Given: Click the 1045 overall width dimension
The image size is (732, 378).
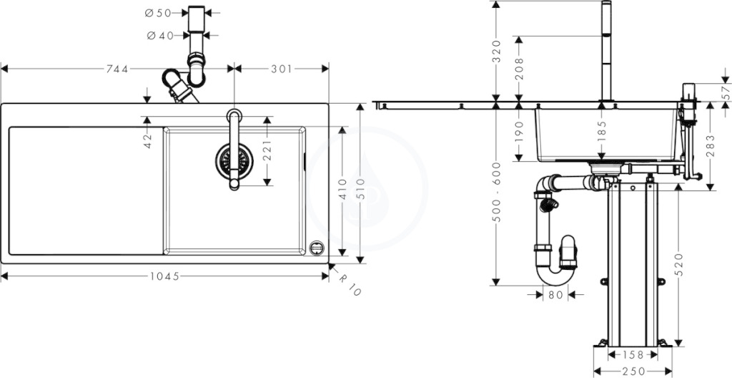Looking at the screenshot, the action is point(165,276).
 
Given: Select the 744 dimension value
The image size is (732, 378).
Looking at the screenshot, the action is point(117,69).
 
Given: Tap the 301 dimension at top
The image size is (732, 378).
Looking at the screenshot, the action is point(282,69).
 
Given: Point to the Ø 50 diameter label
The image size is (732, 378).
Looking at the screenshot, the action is point(158,13).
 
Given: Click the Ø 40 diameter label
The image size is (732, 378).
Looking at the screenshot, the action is point(160,36).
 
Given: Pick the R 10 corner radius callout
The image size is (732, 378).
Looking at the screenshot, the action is point(350,284).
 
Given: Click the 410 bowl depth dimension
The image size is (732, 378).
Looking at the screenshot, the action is point(343,189).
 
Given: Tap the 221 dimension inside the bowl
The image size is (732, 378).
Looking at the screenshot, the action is point(267,150).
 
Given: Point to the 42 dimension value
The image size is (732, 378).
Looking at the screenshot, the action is point(147,141).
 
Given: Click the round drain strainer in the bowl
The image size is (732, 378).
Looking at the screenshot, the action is point(234,161).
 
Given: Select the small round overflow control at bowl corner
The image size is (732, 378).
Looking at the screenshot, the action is point(317,248).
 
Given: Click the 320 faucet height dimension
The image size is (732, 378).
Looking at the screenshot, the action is point(496,51).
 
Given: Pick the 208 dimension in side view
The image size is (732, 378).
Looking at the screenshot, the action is point(519,69).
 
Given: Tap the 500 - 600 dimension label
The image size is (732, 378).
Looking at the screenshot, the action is point(496,192).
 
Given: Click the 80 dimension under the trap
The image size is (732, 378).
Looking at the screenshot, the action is point(555,295).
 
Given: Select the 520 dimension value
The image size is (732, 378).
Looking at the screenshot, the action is point(679,264).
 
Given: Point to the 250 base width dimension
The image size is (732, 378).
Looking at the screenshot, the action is point(633,371).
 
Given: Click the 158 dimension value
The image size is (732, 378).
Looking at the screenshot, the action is point(633,355).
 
